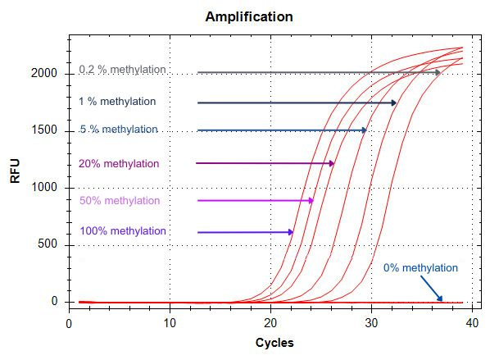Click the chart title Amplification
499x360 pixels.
coord(248,16)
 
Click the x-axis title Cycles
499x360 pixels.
coord(274,342)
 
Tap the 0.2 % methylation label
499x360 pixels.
coord(123,70)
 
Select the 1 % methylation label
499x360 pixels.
coord(116,102)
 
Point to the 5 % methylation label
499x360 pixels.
coord(118,130)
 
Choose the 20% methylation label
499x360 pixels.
coord(119,164)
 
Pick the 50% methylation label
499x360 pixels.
coord(119,201)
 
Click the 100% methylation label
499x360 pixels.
coord(123,231)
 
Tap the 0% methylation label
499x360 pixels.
coord(420,268)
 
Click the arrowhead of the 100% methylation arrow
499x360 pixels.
coord(290,232)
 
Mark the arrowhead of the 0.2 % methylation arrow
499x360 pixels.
coord(438,73)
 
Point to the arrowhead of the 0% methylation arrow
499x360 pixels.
coord(440,298)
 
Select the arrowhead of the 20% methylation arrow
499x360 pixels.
coord(331,164)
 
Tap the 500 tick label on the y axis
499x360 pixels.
coord(49,245)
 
